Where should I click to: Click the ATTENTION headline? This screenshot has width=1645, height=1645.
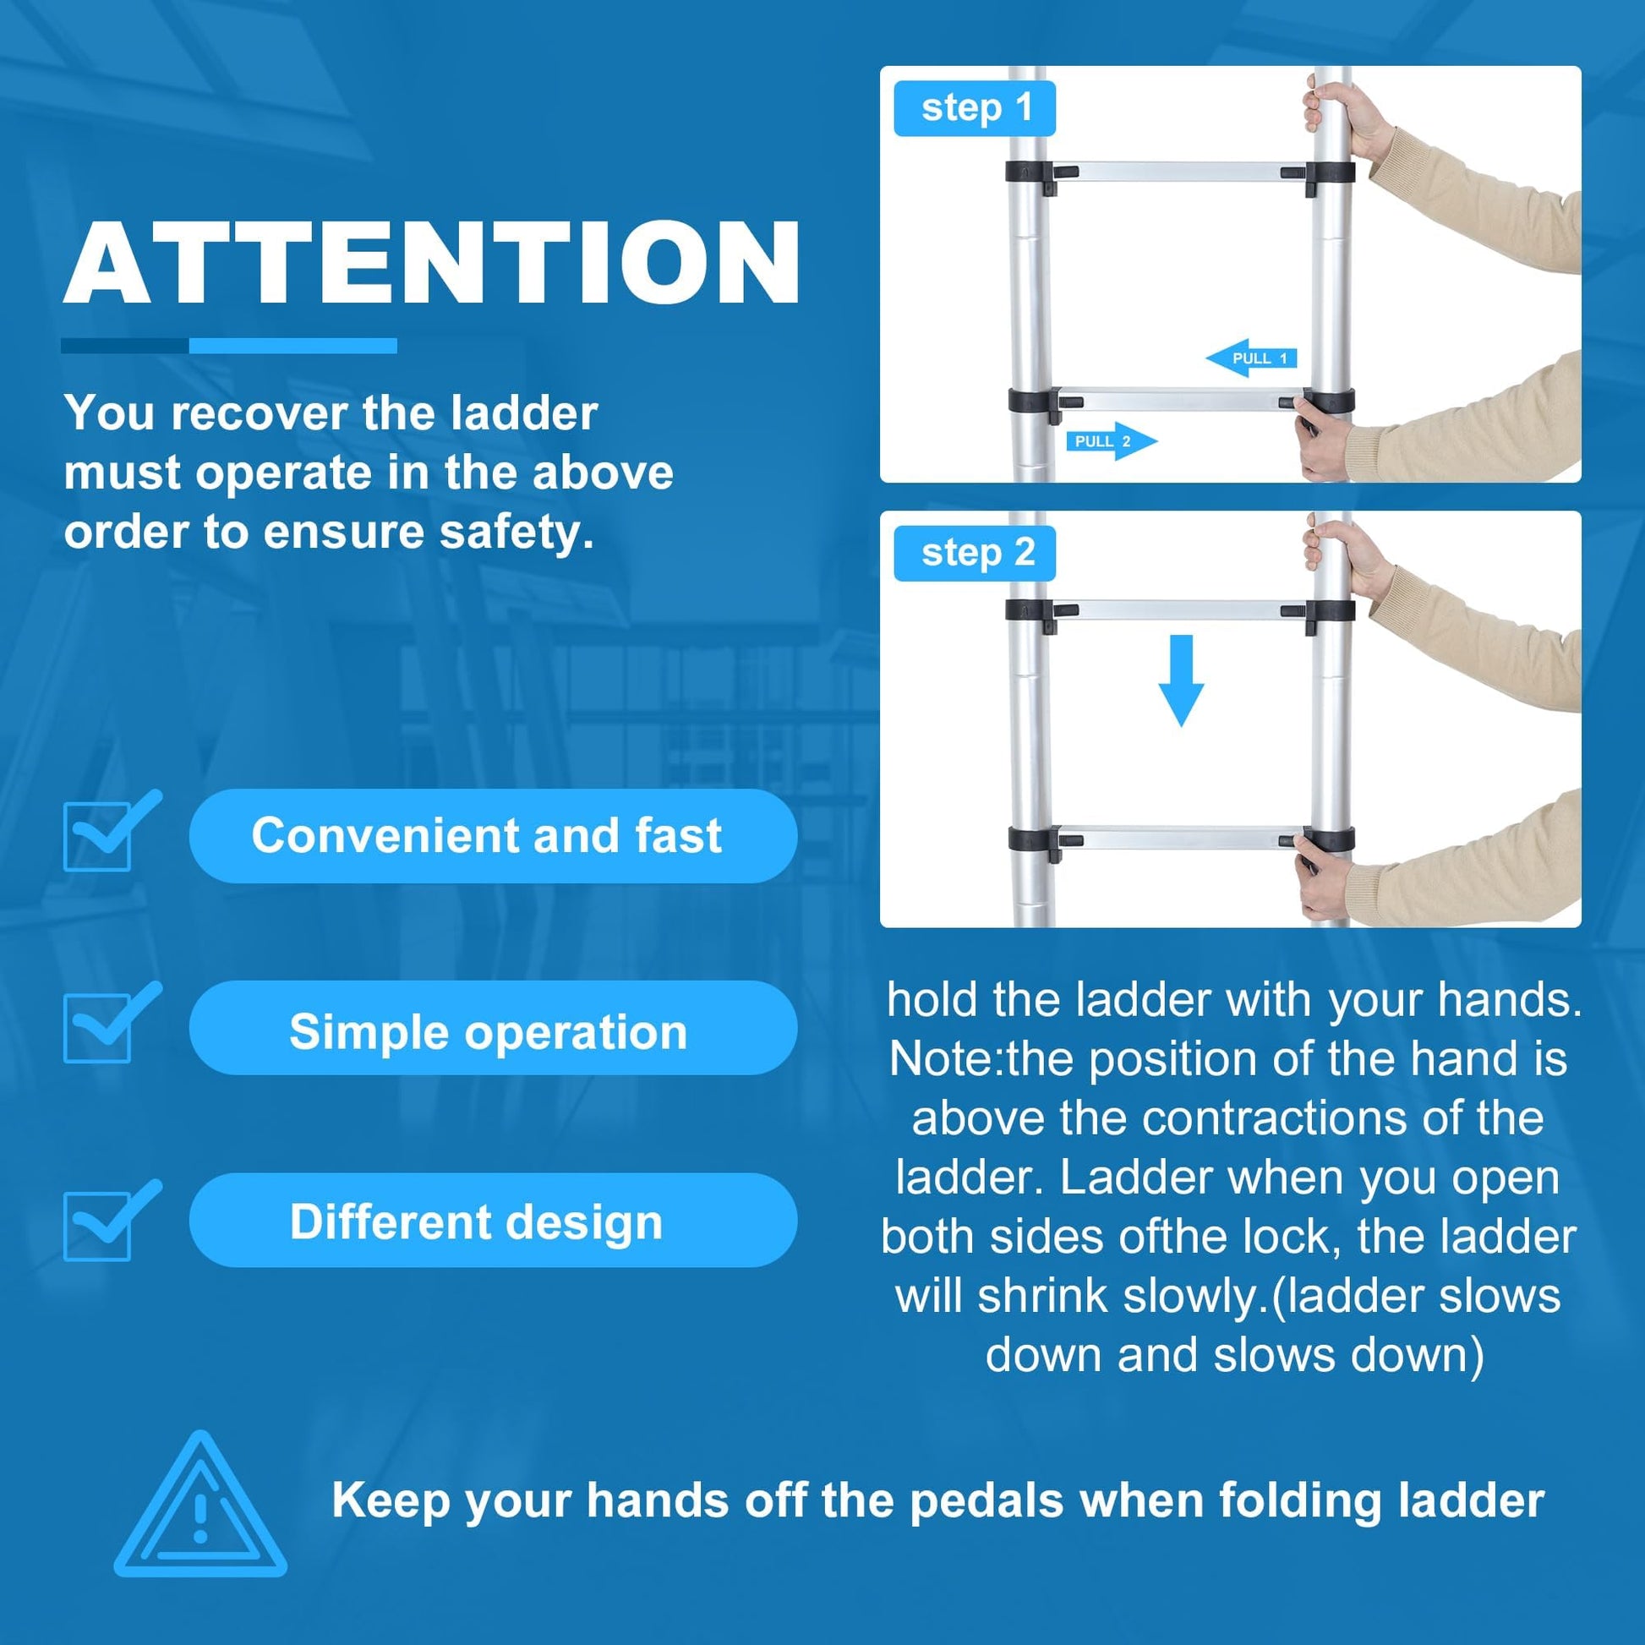click(x=432, y=262)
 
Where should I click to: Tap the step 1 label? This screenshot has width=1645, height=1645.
click(x=974, y=108)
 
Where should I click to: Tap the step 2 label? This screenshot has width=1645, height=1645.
click(x=974, y=554)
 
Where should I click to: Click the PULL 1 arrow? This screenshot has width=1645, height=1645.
click(x=1251, y=358)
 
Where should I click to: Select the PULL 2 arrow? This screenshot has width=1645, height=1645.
click(x=1112, y=441)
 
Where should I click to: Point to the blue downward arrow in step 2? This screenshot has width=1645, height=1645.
click(x=1181, y=680)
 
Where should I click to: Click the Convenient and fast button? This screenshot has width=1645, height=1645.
click(x=493, y=835)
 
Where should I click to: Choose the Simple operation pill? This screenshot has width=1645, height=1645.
click(x=493, y=1031)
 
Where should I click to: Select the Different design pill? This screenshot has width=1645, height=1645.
click(x=493, y=1221)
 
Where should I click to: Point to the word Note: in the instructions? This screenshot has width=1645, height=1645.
click(x=947, y=1060)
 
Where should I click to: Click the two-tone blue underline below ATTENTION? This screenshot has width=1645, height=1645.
click(x=229, y=346)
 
